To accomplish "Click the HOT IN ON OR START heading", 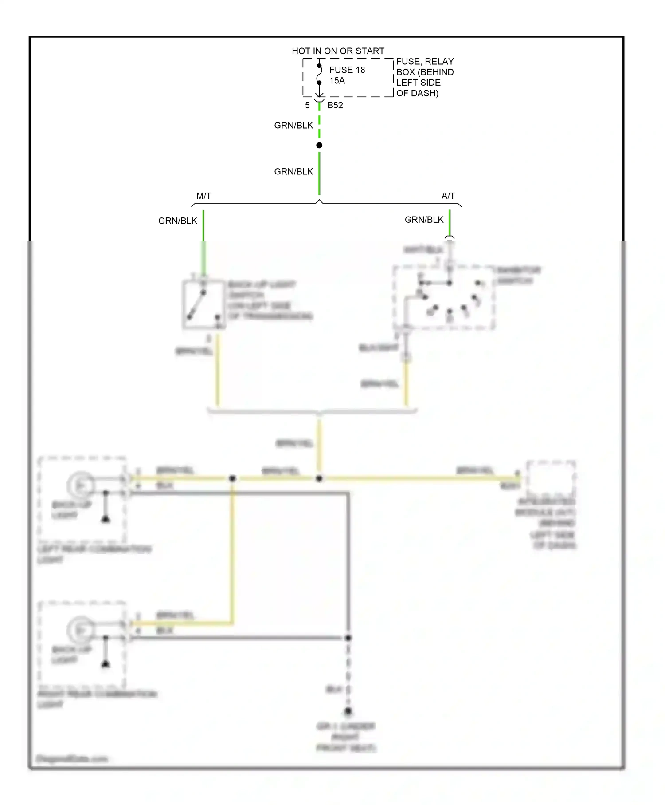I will click(338, 51).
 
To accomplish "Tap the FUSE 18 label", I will click(347, 70).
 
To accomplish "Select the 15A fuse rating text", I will click(337, 80).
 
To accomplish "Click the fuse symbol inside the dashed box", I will click(319, 75).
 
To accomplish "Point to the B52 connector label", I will click(335, 105).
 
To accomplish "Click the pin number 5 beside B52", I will click(307, 105).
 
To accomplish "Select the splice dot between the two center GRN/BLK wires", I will click(319, 145).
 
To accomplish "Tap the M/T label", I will click(204, 196).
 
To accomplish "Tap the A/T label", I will click(448, 196).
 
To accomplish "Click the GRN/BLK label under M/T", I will click(178, 221).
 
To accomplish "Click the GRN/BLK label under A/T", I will click(424, 220).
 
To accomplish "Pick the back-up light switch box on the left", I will click(203, 304).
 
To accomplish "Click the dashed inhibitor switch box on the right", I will click(444, 298).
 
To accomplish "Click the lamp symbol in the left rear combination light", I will click(81, 486).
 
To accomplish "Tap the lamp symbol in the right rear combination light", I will click(81, 631).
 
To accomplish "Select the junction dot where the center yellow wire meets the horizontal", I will click(319, 478).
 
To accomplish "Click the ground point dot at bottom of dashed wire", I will click(348, 711).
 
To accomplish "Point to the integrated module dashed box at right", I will click(551, 479).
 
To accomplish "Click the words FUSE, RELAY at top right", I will click(425, 61).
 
